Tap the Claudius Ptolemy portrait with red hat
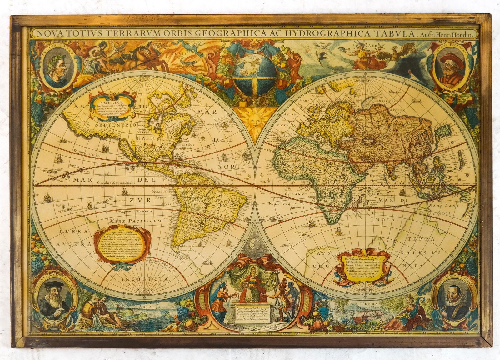445,66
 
